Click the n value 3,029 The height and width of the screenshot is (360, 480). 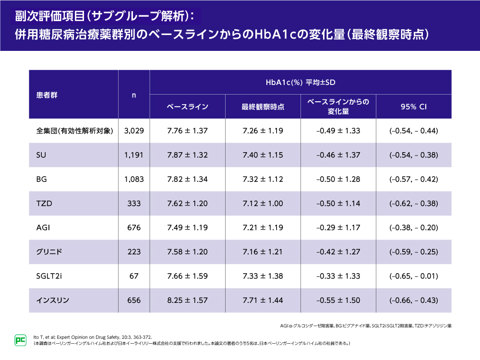tap(134, 131)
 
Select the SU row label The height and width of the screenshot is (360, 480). tap(41, 156)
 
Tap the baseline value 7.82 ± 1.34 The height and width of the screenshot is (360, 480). tap(187, 180)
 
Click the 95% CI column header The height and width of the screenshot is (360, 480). tap(414, 107)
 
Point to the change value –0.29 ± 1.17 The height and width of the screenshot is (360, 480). tap(338, 228)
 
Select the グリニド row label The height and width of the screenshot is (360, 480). tap(49, 252)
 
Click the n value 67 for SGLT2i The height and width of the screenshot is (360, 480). tap(134, 276)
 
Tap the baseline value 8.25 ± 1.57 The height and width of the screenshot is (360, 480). tap(187, 300)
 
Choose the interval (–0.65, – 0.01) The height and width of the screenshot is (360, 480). tap(414, 276)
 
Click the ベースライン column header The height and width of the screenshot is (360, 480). tap(187, 107)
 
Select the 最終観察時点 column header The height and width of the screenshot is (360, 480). tap(263, 107)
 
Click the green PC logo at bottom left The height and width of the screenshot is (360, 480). tap(20, 339)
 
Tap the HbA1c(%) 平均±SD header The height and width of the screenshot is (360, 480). tap(300, 83)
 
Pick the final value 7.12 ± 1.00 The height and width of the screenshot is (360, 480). tap(263, 204)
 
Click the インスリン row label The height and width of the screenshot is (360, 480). tap(53, 300)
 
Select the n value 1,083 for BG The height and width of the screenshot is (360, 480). tap(134, 180)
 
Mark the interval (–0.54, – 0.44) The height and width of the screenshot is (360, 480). tap(414, 131)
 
